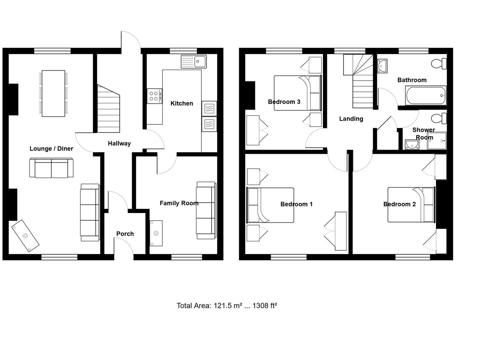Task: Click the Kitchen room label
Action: (x=181, y=103)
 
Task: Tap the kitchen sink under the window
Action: (x=194, y=62)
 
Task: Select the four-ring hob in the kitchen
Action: (x=154, y=96)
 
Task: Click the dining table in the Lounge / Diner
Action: (x=53, y=93)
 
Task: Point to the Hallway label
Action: (x=119, y=143)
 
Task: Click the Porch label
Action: (x=125, y=234)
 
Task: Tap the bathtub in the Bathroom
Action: (x=426, y=96)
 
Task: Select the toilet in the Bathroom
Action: (x=439, y=63)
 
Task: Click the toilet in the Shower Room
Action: (x=439, y=118)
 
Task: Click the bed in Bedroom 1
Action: (x=270, y=205)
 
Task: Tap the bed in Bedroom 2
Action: (x=411, y=204)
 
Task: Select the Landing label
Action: (x=351, y=119)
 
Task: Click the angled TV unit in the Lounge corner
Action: (x=25, y=236)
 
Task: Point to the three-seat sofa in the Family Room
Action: (x=206, y=210)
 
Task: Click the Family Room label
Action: (x=179, y=203)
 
